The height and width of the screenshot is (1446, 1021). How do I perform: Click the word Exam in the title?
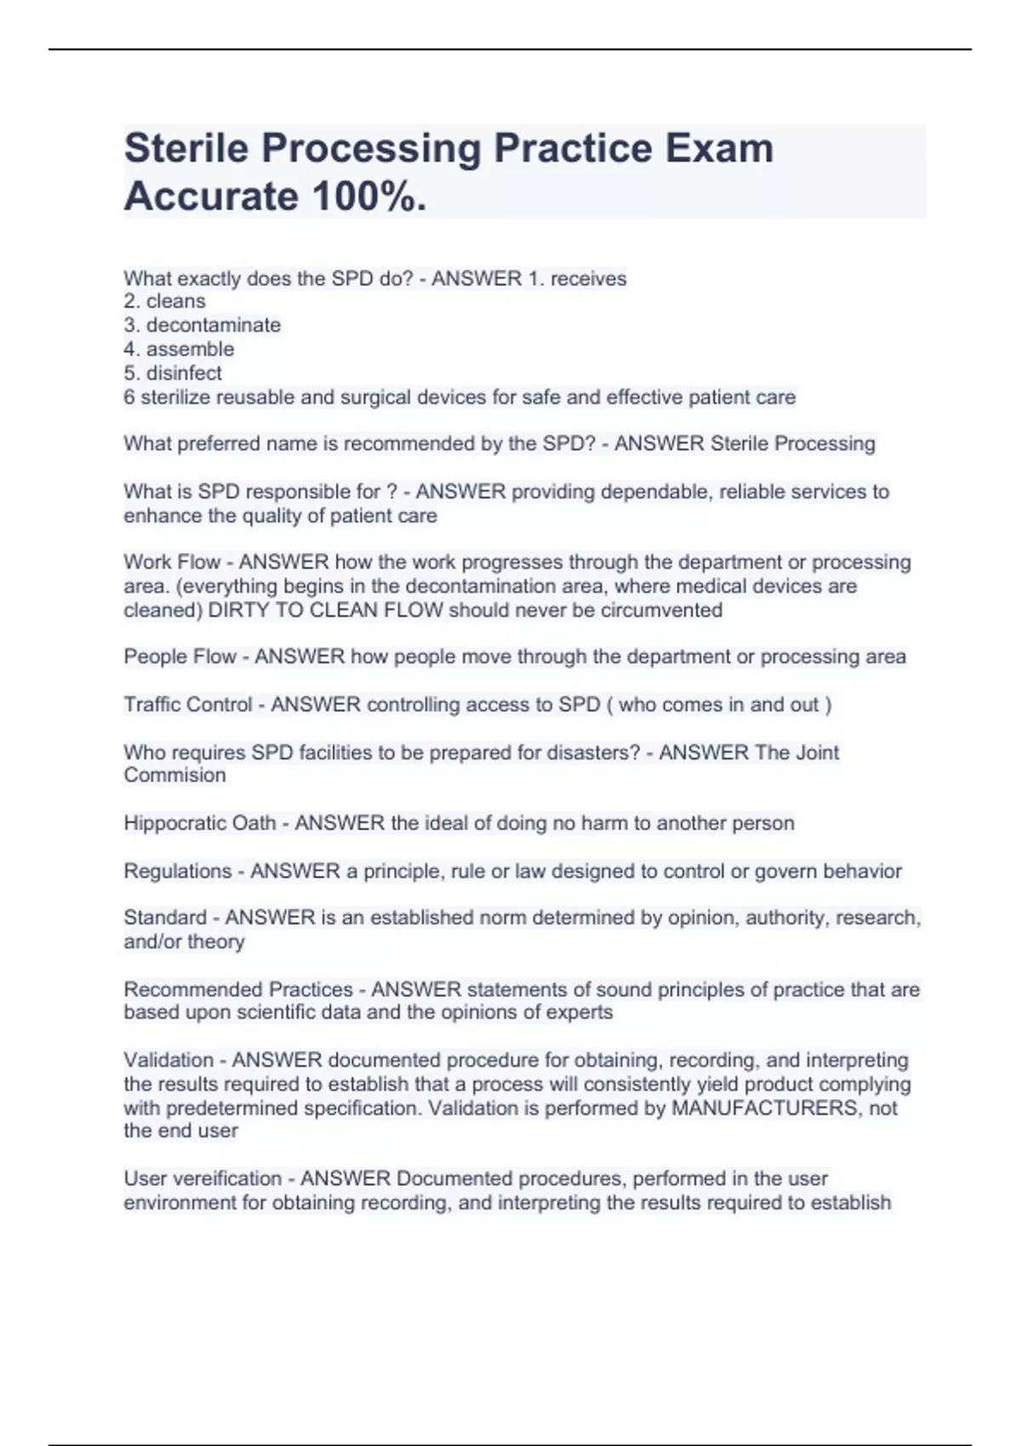pyautogui.click(x=719, y=148)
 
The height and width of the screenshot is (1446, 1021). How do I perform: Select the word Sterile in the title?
pyautogui.click(x=186, y=148)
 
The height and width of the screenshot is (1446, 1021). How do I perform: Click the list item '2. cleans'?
pyautogui.click(x=164, y=301)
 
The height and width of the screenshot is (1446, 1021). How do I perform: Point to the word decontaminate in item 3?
pyautogui.click(x=213, y=325)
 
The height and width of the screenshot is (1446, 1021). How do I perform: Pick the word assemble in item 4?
pyautogui.click(x=190, y=349)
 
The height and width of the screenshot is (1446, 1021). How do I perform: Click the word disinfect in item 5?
pyautogui.click(x=184, y=373)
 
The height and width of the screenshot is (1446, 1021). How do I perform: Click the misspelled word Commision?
pyautogui.click(x=174, y=775)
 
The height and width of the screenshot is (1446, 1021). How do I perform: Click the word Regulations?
pyautogui.click(x=177, y=871)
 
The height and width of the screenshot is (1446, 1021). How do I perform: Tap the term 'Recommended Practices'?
pyautogui.click(x=238, y=989)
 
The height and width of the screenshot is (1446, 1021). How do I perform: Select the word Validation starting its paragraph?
pyautogui.click(x=168, y=1060)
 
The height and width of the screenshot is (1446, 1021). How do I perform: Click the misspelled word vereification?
pyautogui.click(x=227, y=1178)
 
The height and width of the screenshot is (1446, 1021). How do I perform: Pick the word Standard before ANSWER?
pyautogui.click(x=165, y=918)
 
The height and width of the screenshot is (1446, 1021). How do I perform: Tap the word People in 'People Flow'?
pyautogui.click(x=152, y=657)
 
